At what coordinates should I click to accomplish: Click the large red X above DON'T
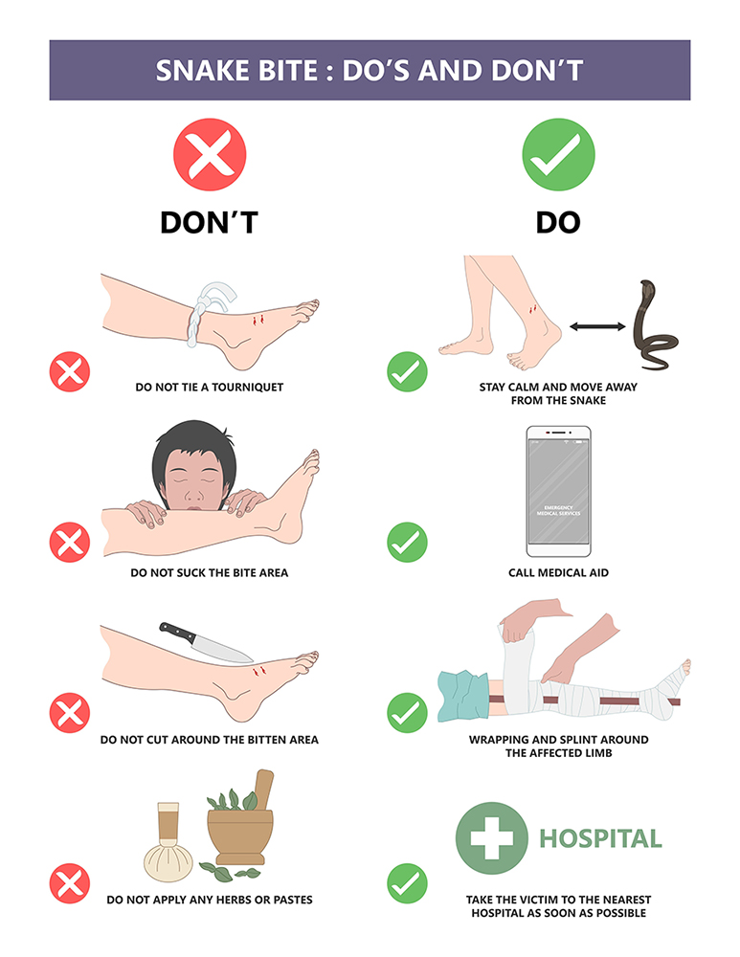210,154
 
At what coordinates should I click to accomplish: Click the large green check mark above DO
558,154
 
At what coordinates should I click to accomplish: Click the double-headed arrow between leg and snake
597,326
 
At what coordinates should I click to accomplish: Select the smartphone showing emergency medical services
558,491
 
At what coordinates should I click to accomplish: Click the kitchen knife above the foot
205,643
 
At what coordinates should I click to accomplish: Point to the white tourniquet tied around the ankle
206,311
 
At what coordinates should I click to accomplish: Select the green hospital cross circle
491,838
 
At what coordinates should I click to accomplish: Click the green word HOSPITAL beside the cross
600,838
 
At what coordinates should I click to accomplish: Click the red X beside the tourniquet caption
70,371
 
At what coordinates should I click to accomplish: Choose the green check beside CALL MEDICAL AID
407,542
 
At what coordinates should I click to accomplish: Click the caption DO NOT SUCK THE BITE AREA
210,572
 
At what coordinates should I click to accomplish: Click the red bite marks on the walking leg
532,309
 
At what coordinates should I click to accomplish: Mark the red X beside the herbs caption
70,883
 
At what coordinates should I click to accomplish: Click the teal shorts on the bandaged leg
462,695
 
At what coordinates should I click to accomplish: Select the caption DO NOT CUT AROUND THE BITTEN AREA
210,740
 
